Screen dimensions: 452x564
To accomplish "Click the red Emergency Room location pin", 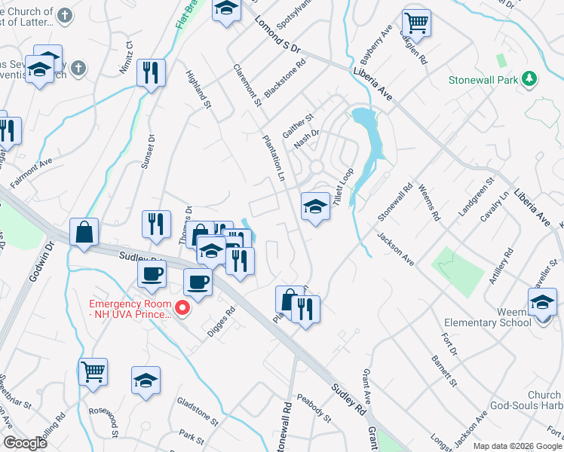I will click(181, 308).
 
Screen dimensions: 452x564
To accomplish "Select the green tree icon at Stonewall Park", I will click(529, 78).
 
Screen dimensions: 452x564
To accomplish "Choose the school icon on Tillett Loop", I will click(314, 206).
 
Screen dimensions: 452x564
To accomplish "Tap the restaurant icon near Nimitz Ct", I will click(151, 72).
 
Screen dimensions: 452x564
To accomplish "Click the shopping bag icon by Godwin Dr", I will click(84, 232).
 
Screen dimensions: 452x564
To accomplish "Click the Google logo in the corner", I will click(25, 443).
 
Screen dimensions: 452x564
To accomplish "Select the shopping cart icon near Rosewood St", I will click(93, 371).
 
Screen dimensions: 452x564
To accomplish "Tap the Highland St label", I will click(197, 90).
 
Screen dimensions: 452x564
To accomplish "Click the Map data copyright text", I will click(516, 446).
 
